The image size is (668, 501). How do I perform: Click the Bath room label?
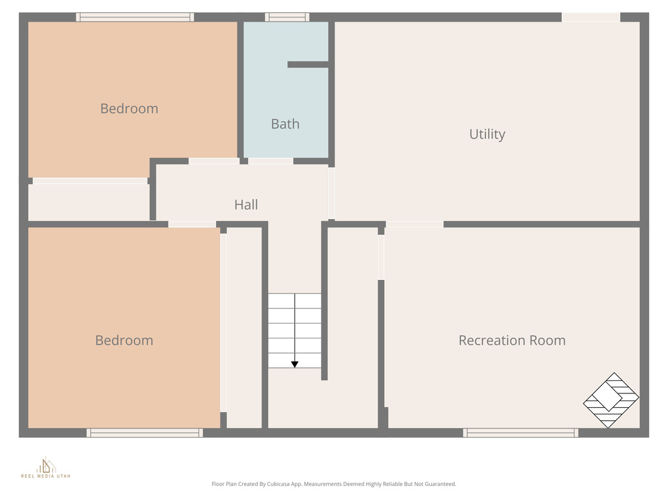pyautogui.click(x=285, y=124)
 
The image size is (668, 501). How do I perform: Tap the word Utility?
pyautogui.click(x=487, y=134)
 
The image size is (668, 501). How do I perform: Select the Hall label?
pyautogui.click(x=246, y=205)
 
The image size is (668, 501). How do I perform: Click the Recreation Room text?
pyautogui.click(x=511, y=341)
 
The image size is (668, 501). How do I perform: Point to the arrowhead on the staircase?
pyautogui.click(x=295, y=364)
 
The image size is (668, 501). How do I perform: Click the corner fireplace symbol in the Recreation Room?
pyautogui.click(x=611, y=400)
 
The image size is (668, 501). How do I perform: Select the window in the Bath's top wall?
pyautogui.click(x=287, y=17)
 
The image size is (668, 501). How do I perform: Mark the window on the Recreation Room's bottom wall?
pyautogui.click(x=521, y=433)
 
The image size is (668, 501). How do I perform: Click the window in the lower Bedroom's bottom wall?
pyautogui.click(x=145, y=433)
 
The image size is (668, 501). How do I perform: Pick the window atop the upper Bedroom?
pyautogui.click(x=135, y=17)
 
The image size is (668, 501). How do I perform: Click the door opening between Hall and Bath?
pyautogui.click(x=271, y=161)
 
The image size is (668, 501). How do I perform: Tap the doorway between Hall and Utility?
pyautogui.click(x=331, y=193)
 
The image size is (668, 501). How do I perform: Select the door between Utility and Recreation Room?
pyautogui.click(x=415, y=224)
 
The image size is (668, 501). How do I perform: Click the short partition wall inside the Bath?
pyautogui.click(x=308, y=65)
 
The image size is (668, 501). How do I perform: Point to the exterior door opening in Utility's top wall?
pyautogui.click(x=590, y=17)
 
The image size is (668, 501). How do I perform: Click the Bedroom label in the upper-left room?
pyautogui.click(x=129, y=109)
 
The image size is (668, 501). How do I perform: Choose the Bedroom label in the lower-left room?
pyautogui.click(x=124, y=341)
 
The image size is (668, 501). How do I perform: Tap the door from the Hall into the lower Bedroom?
pyautogui.click(x=192, y=224)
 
